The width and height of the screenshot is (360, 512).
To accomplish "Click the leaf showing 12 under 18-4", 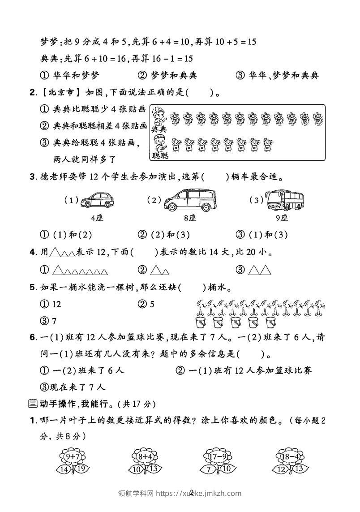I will (281, 469).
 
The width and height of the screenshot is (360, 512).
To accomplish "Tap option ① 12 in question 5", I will (51, 304).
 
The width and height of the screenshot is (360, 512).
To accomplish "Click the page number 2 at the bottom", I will (192, 493).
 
